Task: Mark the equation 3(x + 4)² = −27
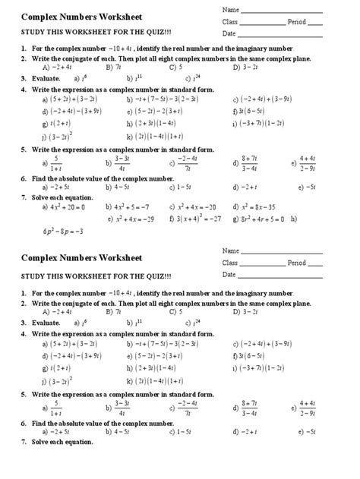point(198,218)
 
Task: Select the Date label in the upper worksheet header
point(229,33)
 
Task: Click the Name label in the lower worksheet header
point(230,251)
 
